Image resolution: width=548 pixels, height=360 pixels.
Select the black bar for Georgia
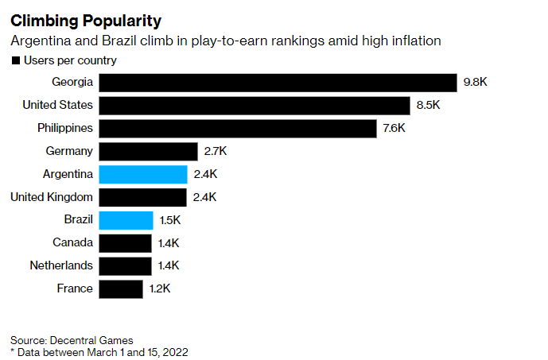(x=278, y=82)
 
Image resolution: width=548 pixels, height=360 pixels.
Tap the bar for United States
(x=255, y=105)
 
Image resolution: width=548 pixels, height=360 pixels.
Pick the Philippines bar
(x=238, y=128)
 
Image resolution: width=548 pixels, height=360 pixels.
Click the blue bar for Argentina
(x=143, y=174)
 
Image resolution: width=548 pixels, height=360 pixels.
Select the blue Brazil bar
(x=126, y=220)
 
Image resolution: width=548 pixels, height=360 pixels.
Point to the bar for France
(x=121, y=288)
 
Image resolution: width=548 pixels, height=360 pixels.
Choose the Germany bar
(x=148, y=151)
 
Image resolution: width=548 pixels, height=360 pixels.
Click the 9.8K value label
(x=476, y=82)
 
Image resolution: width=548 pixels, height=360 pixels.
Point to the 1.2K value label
(x=160, y=288)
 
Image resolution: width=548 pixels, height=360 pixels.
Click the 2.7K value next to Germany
(x=215, y=151)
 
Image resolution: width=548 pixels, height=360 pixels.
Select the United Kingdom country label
(x=52, y=197)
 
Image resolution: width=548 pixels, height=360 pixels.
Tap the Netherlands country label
(x=61, y=265)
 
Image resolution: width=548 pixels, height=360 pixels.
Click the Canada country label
(x=73, y=242)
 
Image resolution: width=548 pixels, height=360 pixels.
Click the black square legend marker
(x=15, y=60)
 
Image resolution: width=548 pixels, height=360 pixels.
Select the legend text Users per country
(x=70, y=60)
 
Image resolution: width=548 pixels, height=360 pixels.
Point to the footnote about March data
(x=99, y=350)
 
